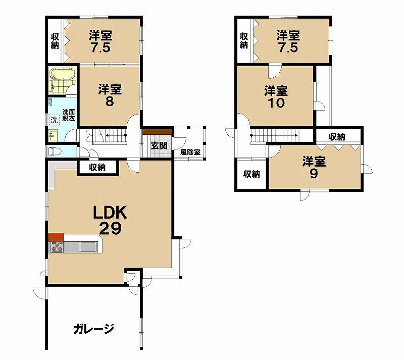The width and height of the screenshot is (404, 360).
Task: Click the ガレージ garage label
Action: pyautogui.click(x=93, y=329)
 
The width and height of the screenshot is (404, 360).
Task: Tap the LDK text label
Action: pyautogui.click(x=110, y=213)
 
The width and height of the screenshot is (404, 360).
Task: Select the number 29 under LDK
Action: pyautogui.click(x=110, y=228)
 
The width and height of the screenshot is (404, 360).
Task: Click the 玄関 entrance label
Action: pyautogui.click(x=159, y=145)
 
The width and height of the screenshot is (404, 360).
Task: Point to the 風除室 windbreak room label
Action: pyautogui.click(x=190, y=152)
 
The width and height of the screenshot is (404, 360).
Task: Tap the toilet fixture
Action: pyautogui.click(x=55, y=151)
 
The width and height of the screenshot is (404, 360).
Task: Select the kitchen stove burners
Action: pyautogui.click(x=57, y=247)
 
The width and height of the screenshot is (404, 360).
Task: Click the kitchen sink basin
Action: pyautogui.click(x=88, y=247)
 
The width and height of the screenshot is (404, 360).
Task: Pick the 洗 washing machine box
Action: pyautogui.click(x=54, y=120)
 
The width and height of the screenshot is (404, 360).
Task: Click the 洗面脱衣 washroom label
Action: pyautogui.click(x=69, y=115)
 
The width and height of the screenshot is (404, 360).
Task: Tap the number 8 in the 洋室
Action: pyautogui.click(x=110, y=101)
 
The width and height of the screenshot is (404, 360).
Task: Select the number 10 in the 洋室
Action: pyautogui.click(x=276, y=103)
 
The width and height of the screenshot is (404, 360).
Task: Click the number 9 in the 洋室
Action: pyautogui.click(x=314, y=174)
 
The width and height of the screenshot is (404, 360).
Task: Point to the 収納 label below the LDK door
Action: pyautogui.click(x=97, y=168)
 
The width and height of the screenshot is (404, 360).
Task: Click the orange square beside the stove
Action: pyautogui.click(x=56, y=237)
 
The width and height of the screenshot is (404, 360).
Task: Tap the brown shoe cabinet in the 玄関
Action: pyautogui.click(x=157, y=132)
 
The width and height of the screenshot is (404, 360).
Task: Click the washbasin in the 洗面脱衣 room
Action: pyautogui.click(x=53, y=135)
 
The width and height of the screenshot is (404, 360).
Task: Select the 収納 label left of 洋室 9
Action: pyautogui.click(x=251, y=174)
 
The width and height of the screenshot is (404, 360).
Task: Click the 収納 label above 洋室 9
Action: pyautogui.click(x=337, y=137)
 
